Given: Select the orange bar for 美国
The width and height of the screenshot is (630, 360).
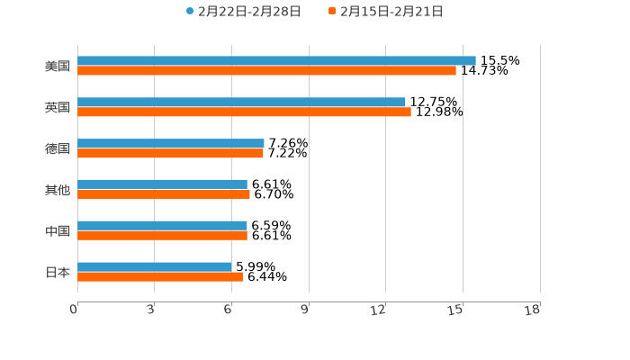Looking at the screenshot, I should tap(266, 71).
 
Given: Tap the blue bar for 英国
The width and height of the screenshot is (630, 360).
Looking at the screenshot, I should tap(241, 103).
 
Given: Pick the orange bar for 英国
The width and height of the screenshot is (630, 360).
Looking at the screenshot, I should tap(244, 112).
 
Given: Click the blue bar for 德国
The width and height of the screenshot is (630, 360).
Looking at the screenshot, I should tap(171, 144).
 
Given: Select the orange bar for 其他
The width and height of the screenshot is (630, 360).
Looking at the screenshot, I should tap(164, 194).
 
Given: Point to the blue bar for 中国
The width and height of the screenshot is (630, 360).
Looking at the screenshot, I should tap(162, 226).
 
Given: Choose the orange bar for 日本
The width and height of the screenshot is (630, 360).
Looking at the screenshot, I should tap(160, 276).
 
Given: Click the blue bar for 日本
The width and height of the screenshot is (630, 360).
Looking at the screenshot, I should tap(155, 266).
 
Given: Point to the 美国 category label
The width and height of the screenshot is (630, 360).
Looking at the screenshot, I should tap(57, 66).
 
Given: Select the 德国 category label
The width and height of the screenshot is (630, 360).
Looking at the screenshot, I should tap(57, 148).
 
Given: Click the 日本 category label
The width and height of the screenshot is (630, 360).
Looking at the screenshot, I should tap(57, 272).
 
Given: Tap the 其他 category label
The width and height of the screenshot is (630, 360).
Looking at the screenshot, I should tap(57, 190).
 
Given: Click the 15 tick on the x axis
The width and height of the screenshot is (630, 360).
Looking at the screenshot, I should tap(457, 310).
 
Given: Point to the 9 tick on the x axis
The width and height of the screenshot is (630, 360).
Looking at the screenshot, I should tap(305, 310).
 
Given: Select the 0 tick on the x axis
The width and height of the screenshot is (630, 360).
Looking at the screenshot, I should tap(75, 310).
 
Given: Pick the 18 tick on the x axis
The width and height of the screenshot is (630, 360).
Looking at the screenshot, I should tap(533, 310).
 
